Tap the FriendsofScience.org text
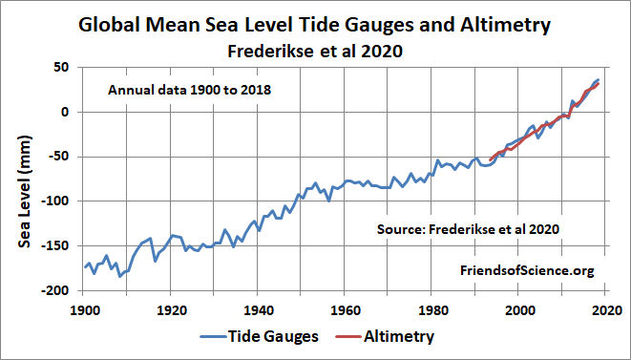click(528, 271)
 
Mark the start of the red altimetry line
click(490, 159)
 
